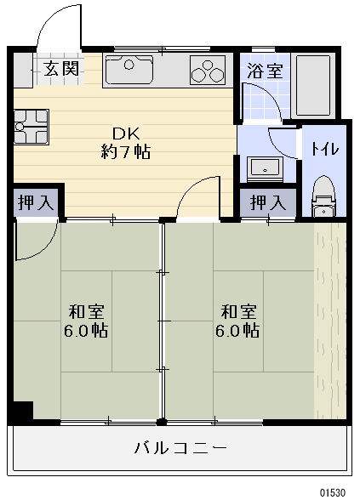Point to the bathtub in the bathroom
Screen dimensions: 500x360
312,86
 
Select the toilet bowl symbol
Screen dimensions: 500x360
323,196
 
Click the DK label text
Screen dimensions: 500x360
126,134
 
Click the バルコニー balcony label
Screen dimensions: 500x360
180,448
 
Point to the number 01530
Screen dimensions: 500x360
333,492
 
